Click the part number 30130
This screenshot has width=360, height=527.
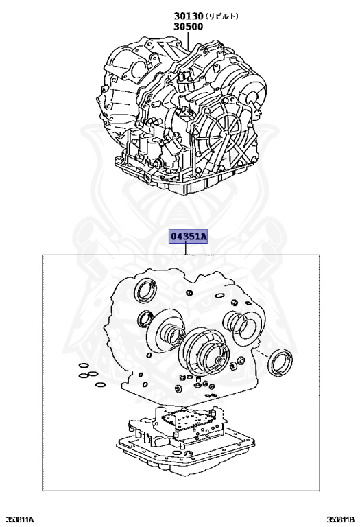click(x=188, y=16)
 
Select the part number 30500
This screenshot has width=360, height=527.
click(x=188, y=27)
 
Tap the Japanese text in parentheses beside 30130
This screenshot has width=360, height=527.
click(x=224, y=16)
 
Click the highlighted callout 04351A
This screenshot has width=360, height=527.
click(x=188, y=237)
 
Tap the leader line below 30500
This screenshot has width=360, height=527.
click(x=187, y=41)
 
